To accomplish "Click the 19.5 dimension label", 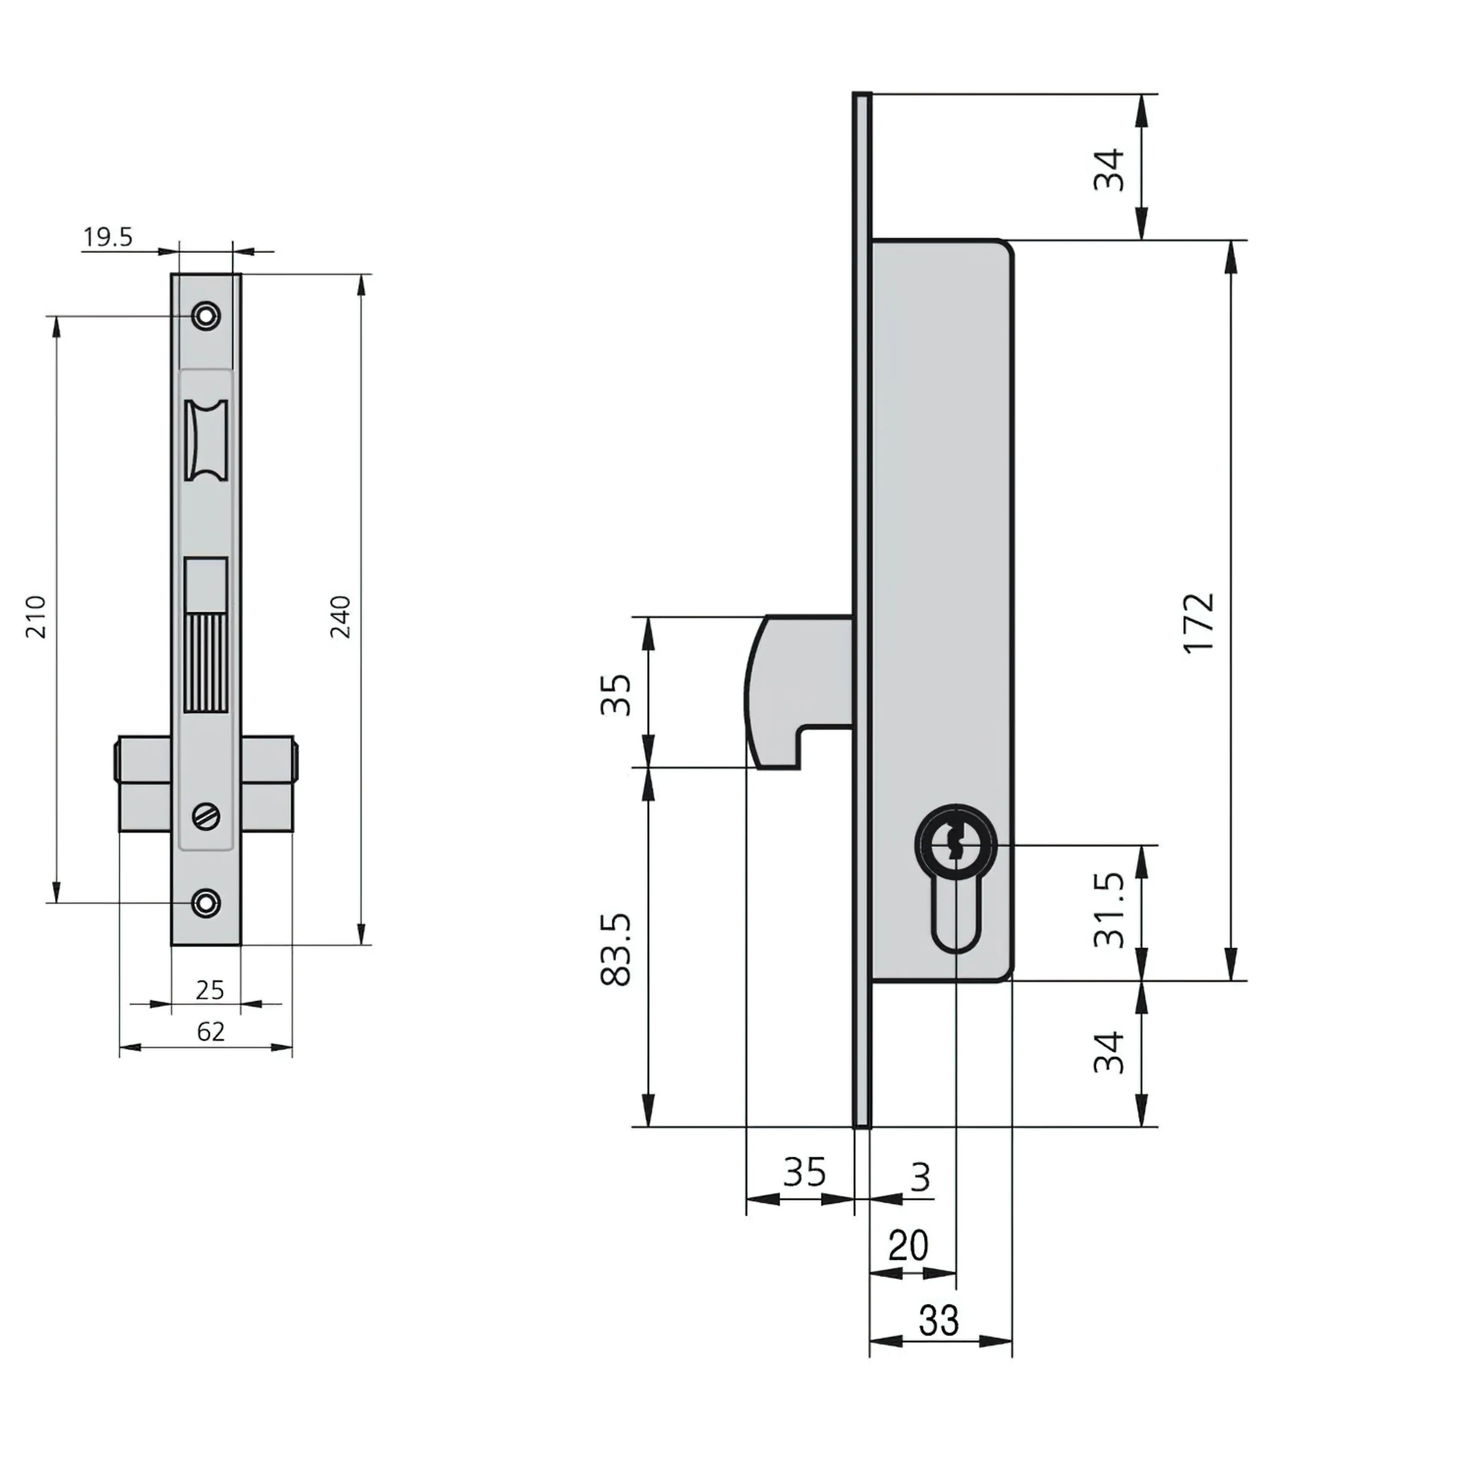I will point(107,237).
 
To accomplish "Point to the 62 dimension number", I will point(211,1031).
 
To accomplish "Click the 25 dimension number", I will point(210,990).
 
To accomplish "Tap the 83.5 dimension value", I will point(616,949).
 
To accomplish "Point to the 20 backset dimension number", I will point(908,1246).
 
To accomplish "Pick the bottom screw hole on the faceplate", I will point(206,903).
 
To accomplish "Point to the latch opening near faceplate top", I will point(206,440).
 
